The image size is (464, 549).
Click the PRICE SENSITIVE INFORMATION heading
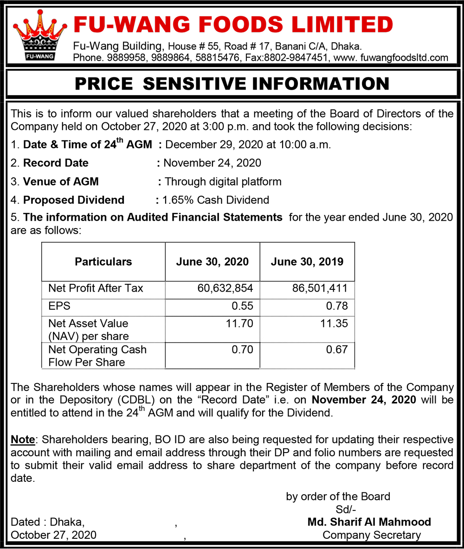(232, 83)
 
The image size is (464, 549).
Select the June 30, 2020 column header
(212, 262)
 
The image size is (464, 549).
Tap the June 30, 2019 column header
(307, 262)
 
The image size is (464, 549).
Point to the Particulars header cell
(103, 262)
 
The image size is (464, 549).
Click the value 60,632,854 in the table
(225, 288)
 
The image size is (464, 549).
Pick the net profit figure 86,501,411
(320, 288)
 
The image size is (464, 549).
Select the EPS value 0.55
(242, 306)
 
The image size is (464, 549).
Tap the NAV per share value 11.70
(239, 323)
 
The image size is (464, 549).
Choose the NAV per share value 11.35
(334, 323)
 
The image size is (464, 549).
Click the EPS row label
(59, 306)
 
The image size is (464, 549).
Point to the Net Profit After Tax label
(96, 288)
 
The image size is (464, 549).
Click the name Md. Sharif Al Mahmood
(369, 522)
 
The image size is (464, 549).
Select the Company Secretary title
(372, 535)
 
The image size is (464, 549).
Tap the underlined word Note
(23, 440)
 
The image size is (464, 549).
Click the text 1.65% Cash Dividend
(216, 200)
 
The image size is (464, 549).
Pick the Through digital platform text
(223, 181)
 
